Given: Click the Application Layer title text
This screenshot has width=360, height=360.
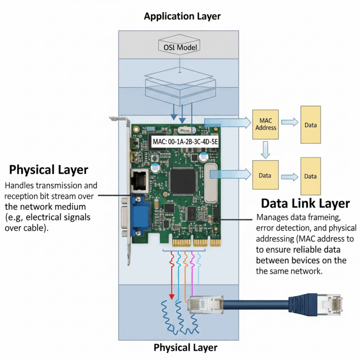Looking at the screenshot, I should [x=182, y=17].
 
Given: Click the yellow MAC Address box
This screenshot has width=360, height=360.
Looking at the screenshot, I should [x=266, y=123].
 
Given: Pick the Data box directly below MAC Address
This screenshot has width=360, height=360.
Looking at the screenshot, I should [x=265, y=175].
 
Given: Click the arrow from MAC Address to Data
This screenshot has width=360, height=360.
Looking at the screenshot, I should [x=289, y=123].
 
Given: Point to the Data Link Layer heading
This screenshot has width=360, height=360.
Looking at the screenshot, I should [x=305, y=203].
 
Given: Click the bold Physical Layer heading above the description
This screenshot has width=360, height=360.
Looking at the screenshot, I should [x=49, y=169].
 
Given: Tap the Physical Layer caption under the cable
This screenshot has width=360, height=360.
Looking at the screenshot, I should [x=186, y=347].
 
